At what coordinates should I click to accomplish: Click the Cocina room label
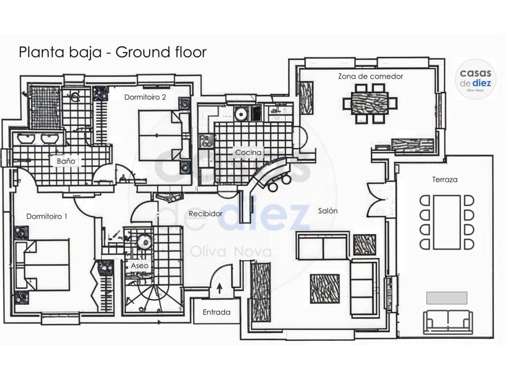pos(248,152)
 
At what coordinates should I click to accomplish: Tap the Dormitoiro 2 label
pos(145,97)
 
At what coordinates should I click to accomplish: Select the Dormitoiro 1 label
pos(47,217)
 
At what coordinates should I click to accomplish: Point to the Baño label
pos(66,161)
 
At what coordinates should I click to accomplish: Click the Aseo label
pos(140,266)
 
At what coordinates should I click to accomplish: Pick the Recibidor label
pos(206,214)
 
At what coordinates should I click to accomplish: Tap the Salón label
pos(328,211)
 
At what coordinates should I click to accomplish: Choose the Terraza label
pos(445,179)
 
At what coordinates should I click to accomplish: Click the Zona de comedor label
pos(370,76)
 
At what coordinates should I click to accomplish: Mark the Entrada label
pos(217,312)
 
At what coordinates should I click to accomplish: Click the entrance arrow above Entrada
pos(219,289)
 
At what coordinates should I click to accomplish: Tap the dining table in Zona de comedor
pos(370,103)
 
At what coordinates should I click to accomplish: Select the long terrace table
pos(447,222)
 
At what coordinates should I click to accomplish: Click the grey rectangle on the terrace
pos(447,298)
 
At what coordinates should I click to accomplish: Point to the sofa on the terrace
pos(448,322)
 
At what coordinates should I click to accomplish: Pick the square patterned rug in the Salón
pos(325,289)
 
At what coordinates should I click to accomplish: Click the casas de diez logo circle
pos(475,79)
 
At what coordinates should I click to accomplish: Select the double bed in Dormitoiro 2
pos(164,135)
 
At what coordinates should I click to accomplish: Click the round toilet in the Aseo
pos(145,242)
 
